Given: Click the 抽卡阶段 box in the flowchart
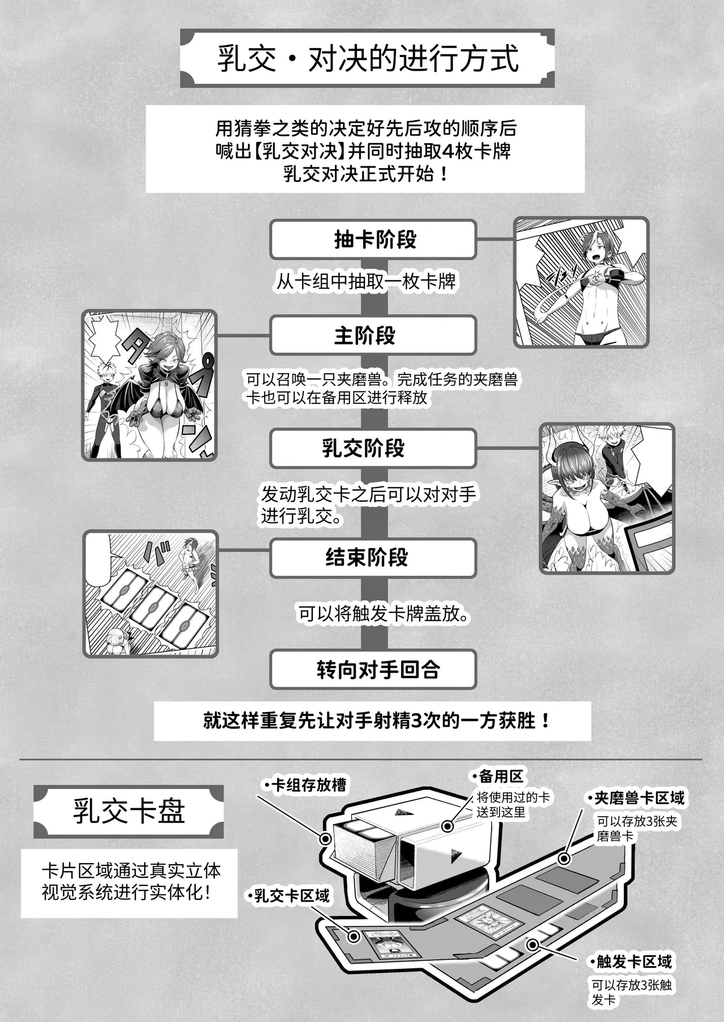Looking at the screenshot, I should click(373, 240).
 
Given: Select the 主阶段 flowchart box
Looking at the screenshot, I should click(373, 336).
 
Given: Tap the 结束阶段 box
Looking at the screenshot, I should click(373, 558).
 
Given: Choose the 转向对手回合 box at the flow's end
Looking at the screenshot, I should click(373, 670).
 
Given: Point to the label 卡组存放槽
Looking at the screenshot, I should click(308, 785).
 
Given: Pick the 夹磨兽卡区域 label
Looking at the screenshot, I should click(639, 798).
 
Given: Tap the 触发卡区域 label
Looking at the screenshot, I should click(634, 961).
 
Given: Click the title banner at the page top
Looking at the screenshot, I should click(367, 59).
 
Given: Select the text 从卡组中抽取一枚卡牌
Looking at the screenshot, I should click(366, 281).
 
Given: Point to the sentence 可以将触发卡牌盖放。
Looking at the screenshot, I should click(384, 614).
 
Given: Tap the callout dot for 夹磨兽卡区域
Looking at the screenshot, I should click(563, 859).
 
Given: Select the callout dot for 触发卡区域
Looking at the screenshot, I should click(532, 945).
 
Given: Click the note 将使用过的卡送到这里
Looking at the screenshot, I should click(512, 805).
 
